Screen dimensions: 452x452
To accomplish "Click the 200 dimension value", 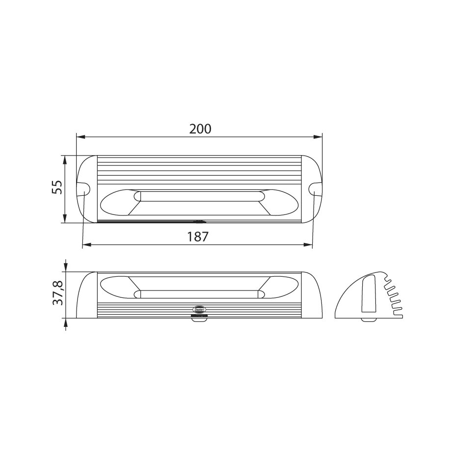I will [200, 129].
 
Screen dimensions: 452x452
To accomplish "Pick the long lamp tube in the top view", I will [199, 196].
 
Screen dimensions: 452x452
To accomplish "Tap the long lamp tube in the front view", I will [199, 294].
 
